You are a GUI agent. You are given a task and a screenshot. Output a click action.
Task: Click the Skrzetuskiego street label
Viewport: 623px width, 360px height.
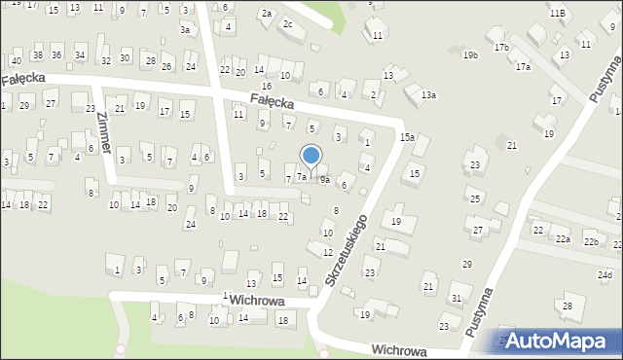(x=347, y=251)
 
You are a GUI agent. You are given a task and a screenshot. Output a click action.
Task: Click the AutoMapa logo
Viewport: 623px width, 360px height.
(x=558, y=341)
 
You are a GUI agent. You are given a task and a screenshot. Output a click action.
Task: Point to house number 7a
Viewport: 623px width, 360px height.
(x=302, y=177)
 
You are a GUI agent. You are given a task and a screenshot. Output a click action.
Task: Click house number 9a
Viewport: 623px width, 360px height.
(x=325, y=180)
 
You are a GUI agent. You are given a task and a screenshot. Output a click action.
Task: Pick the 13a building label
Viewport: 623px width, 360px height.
(x=428, y=94)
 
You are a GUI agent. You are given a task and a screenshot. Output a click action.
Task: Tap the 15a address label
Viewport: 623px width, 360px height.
(x=406, y=138)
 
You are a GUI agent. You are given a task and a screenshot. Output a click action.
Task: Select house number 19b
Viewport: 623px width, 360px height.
(x=470, y=55)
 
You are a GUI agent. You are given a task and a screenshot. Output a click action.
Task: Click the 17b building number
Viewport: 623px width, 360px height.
(x=501, y=47)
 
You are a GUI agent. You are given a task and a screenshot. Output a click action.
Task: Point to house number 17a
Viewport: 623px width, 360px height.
(x=523, y=67)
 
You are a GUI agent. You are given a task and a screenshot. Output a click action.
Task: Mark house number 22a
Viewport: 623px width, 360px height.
(x=563, y=238)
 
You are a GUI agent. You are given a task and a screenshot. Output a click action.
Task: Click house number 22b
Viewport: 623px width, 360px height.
(x=591, y=240)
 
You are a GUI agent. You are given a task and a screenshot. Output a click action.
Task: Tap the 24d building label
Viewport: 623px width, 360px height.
(x=605, y=274)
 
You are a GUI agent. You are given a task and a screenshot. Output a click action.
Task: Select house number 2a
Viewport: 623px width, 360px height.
(x=266, y=13)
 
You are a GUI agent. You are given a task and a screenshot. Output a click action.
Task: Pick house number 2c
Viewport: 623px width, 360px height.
(x=287, y=23)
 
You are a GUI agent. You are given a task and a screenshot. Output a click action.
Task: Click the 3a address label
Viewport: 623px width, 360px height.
(x=185, y=30)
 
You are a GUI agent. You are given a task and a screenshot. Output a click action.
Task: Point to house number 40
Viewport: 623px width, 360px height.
(x=16, y=60)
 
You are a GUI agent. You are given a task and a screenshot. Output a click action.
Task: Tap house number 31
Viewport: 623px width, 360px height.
(x=456, y=298)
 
